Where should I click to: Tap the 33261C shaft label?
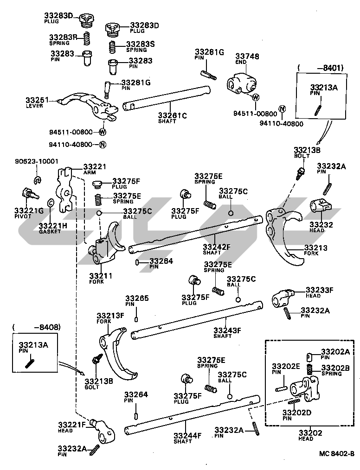pyautogui.click(x=172, y=115)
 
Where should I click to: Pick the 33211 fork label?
pyautogui.click(x=100, y=276)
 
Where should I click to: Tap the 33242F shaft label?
pyautogui.click(x=216, y=247)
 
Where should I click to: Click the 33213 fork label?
pyautogui.click(x=315, y=248)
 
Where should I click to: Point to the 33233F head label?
pyautogui.click(x=319, y=290)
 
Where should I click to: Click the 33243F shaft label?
pyautogui.click(x=227, y=330)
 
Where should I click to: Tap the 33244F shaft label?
pyautogui.click(x=187, y=435)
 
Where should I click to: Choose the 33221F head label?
pyautogui.click(x=71, y=425)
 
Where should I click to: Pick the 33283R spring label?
pyautogui.click(x=64, y=37)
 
